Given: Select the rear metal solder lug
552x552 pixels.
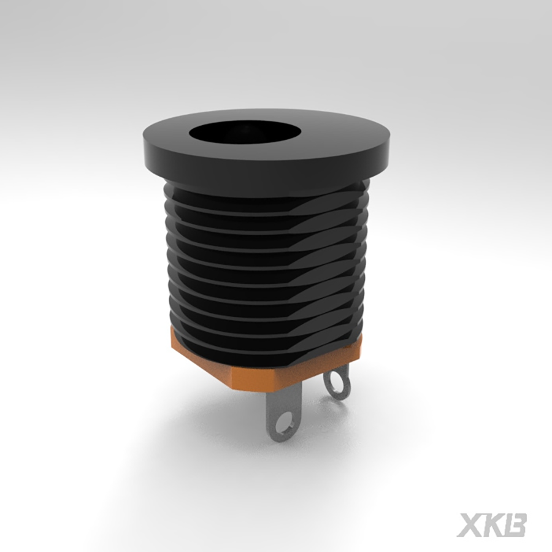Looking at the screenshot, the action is coord(337,380).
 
